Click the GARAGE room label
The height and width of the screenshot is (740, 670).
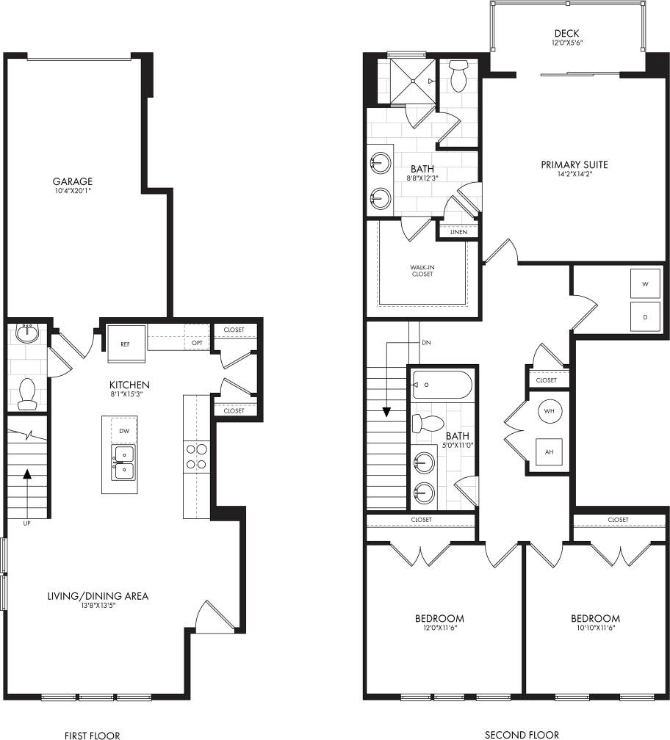tap(72, 181)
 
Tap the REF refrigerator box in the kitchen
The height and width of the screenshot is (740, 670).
tap(125, 344)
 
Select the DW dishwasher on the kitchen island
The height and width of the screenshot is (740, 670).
tap(123, 432)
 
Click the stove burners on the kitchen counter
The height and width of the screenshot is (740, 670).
tap(196, 456)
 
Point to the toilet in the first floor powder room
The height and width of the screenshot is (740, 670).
tap(27, 393)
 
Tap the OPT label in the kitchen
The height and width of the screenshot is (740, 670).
tap(197, 343)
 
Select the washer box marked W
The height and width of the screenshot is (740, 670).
tap(645, 283)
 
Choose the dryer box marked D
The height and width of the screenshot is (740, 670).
tap(645, 317)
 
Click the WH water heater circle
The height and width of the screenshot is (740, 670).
tap(549, 411)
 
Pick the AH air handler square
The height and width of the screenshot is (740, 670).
tap(549, 451)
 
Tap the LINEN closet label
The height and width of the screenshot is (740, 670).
tap(458, 232)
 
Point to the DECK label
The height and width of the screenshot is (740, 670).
tap(566, 33)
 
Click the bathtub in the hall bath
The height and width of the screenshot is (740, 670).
tap(442, 385)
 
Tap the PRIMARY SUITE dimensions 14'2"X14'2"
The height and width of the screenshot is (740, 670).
tap(574, 175)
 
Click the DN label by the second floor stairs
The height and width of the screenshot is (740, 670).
tap(426, 343)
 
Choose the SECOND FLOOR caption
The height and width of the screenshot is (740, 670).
tap(522, 734)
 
